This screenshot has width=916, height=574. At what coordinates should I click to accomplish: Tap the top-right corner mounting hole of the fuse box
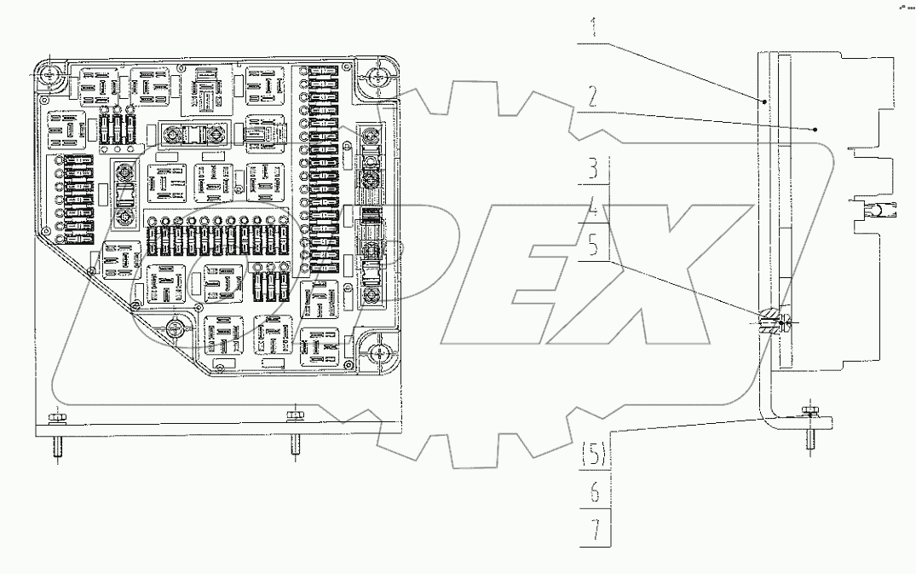coord(377,82)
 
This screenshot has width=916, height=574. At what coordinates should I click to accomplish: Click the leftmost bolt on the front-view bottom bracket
coord(56,417)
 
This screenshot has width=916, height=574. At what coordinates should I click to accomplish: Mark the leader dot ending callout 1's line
coord(764,101)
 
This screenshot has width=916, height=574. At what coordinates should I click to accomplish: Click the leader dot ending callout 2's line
coord(815,129)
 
